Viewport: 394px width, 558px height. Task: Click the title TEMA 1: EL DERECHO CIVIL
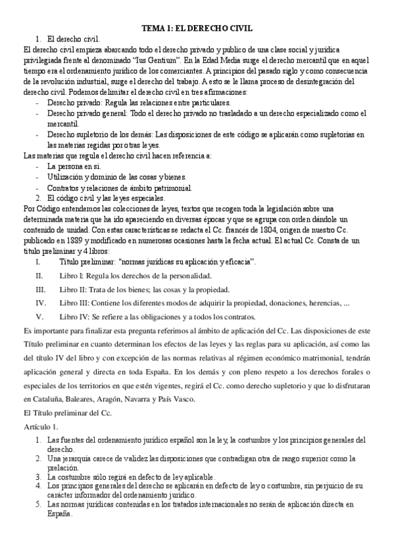197,29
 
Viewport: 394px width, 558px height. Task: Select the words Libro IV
72,317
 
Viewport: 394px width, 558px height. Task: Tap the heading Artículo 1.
41,428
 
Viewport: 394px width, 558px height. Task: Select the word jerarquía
82,457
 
